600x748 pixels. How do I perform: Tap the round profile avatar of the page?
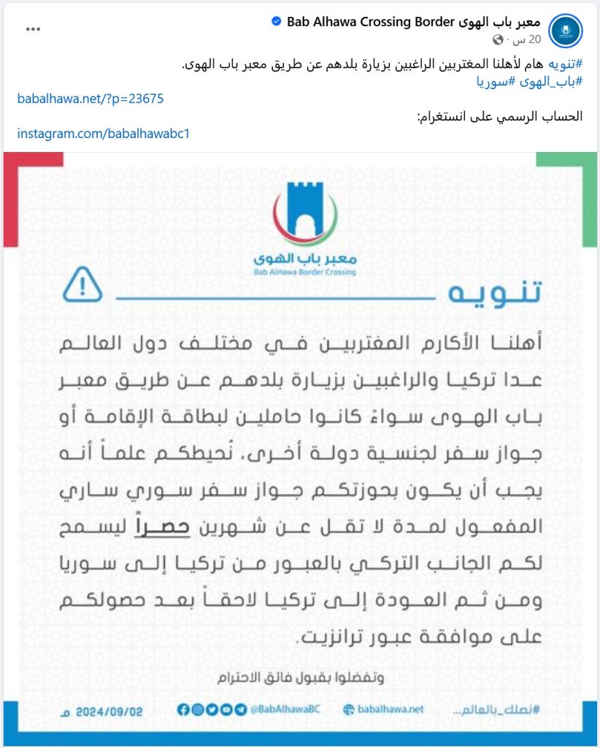click(565, 31)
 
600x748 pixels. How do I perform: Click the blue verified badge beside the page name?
click(276, 22)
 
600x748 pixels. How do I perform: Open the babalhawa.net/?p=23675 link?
click(91, 98)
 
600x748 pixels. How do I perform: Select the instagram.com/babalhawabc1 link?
click(104, 134)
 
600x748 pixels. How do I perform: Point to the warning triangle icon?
click(82, 285)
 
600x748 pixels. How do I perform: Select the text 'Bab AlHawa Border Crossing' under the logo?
click(305, 272)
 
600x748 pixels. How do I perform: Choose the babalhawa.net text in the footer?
click(391, 709)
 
